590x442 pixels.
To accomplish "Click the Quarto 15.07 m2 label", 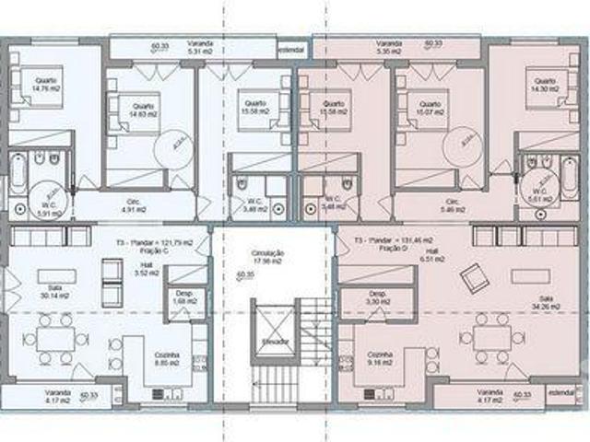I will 430,110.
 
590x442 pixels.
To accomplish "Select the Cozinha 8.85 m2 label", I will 167,358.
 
